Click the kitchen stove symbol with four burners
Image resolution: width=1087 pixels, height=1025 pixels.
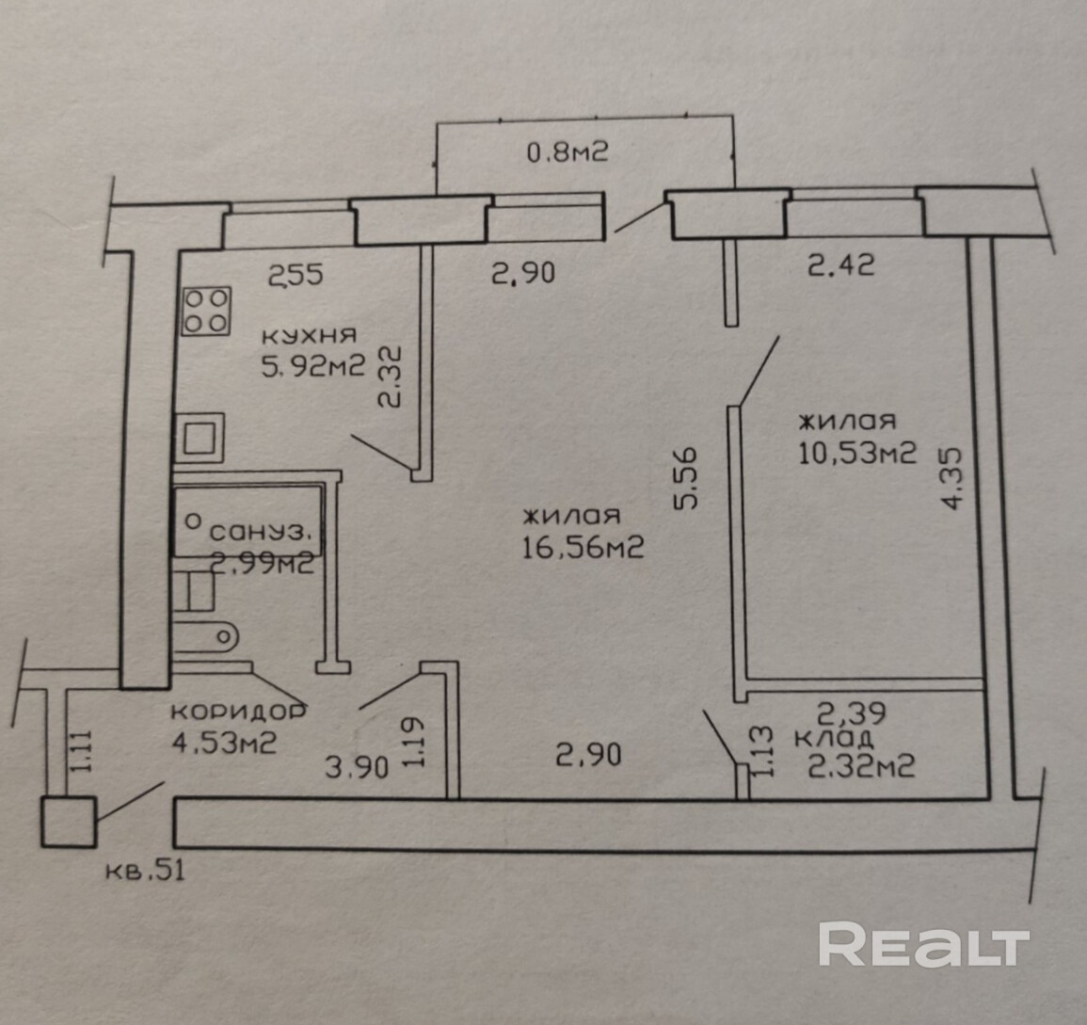point(206,311)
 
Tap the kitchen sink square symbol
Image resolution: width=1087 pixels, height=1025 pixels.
point(200,439)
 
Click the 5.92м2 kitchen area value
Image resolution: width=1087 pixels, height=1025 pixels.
point(312,365)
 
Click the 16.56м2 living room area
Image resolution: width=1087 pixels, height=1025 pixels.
point(583,546)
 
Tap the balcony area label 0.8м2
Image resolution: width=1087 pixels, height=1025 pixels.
point(567,151)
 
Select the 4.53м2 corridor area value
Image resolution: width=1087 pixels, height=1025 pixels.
point(223,743)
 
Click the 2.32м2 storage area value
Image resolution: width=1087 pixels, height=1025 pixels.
point(862,767)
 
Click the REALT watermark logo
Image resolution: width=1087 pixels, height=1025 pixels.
point(923,943)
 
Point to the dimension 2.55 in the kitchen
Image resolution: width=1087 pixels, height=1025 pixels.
point(296,276)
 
